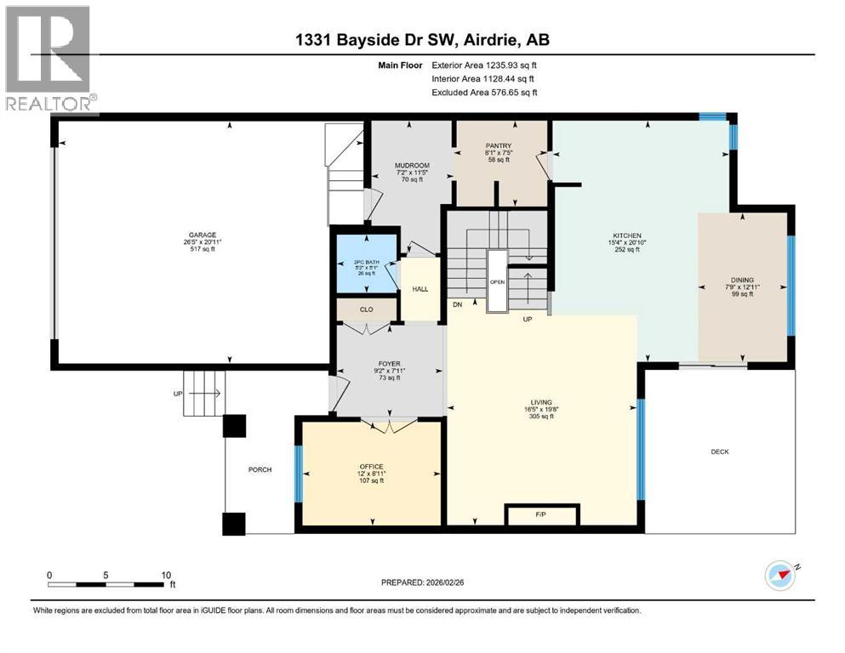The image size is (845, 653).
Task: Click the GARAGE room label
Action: tap(203, 235)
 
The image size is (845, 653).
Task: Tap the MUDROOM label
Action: tap(411, 166)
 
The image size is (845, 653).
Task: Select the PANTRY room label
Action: tap(498, 145)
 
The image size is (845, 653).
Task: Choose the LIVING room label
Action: tap(541, 402)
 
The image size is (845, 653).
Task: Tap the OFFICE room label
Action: tap(371, 467)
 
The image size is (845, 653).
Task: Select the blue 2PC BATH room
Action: tap(364, 264)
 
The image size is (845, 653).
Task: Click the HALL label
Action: tap(420, 289)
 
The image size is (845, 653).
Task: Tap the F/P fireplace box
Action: tap(541, 514)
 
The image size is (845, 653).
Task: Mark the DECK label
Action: tap(720, 451)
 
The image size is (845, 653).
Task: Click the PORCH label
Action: tap(260, 470)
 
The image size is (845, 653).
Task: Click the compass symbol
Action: tap(780, 575)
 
